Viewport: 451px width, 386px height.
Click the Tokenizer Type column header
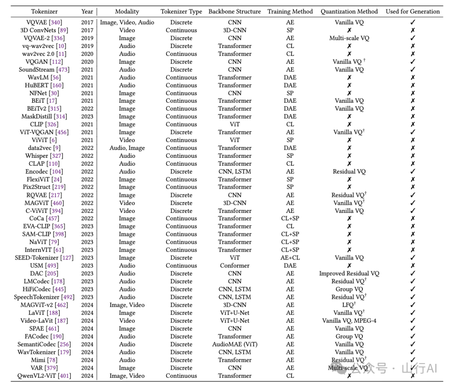[181, 12]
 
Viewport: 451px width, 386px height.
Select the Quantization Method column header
[349, 12]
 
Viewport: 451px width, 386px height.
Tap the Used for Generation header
[413, 12]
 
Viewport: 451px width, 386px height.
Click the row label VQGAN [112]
[44, 62]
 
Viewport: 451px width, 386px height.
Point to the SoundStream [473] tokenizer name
[44, 70]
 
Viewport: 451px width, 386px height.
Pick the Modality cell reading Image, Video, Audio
[127, 23]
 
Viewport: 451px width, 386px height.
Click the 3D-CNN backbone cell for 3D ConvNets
[235, 30]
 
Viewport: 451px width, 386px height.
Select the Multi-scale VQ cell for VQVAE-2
[349, 38]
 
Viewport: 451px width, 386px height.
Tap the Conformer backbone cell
[235, 265]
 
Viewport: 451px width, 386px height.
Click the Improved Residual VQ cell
[349, 273]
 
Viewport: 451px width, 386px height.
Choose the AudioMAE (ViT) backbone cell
[235, 344]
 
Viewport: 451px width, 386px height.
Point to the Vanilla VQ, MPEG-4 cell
[349, 320]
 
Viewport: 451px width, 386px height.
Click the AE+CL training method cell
[290, 258]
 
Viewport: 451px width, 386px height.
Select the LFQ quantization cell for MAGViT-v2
[349, 305]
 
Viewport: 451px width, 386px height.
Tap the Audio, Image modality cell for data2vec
[127, 148]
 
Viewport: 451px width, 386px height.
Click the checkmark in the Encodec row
[413, 171]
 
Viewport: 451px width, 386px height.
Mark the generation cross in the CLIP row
[413, 124]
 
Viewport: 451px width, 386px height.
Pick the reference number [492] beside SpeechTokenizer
[68, 297]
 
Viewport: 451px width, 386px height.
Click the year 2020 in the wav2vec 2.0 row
[87, 54]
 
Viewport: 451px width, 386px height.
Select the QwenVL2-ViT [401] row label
[44, 376]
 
